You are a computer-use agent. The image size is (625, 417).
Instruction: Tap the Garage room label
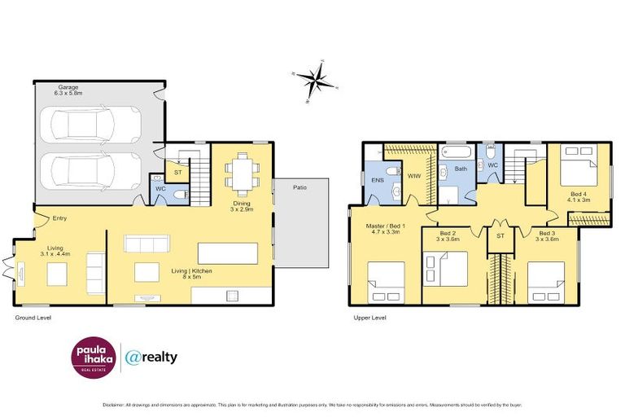pos(68,90)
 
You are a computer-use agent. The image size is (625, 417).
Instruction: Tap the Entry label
pos(59,217)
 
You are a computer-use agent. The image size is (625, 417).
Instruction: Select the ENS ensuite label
pos(378,179)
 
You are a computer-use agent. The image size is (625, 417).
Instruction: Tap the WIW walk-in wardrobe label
pos(414,175)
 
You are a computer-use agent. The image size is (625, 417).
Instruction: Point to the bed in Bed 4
pos(580,163)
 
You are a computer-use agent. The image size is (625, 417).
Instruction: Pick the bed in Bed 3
pos(547,281)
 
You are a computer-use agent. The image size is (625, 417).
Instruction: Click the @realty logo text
pos(152,356)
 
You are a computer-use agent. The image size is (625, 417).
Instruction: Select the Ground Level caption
pos(33,317)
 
